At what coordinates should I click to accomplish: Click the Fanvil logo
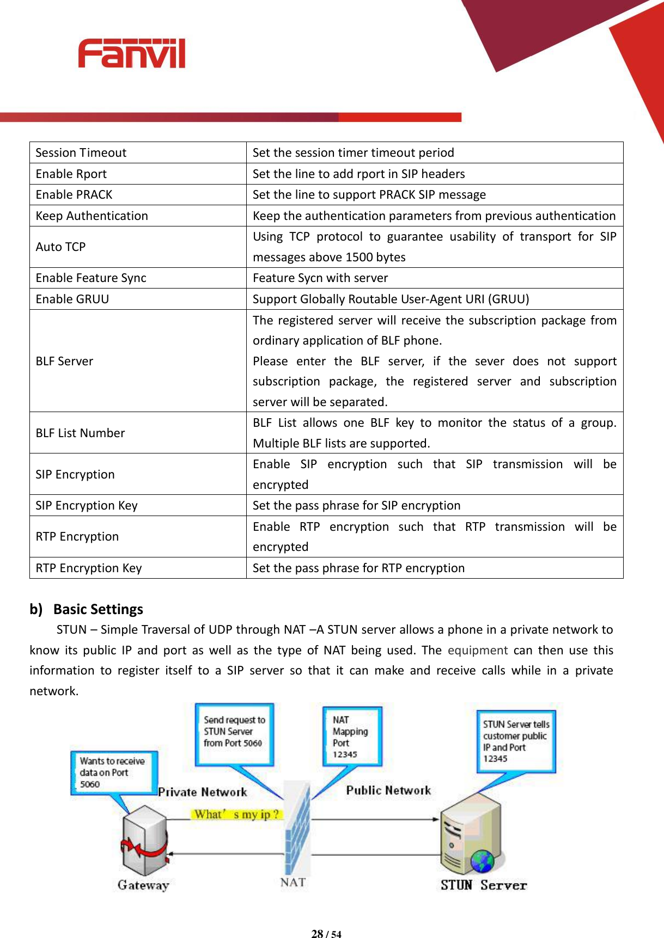(131, 54)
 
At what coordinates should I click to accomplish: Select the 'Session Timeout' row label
(81, 153)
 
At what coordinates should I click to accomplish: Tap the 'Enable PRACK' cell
(74, 195)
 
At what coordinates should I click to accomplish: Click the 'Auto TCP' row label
(61, 247)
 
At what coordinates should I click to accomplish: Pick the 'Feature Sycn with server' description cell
(320, 278)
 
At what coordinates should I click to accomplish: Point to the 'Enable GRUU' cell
(72, 299)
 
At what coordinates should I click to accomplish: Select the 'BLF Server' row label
(64, 361)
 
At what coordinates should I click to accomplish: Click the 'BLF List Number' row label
(81, 433)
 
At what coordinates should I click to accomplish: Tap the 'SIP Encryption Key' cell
(87, 506)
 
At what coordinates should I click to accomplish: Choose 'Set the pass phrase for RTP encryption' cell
(358, 568)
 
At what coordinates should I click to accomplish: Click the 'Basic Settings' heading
(98, 609)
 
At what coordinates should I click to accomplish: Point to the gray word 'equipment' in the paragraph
(477, 651)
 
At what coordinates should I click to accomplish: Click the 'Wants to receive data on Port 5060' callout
(113, 773)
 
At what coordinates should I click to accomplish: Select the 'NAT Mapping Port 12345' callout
(351, 737)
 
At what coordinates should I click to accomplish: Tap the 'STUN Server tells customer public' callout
(515, 741)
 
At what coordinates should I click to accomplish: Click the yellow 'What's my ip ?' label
(237, 814)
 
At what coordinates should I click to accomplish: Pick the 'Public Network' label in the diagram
(388, 790)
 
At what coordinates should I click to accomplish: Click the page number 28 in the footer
(317, 934)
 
